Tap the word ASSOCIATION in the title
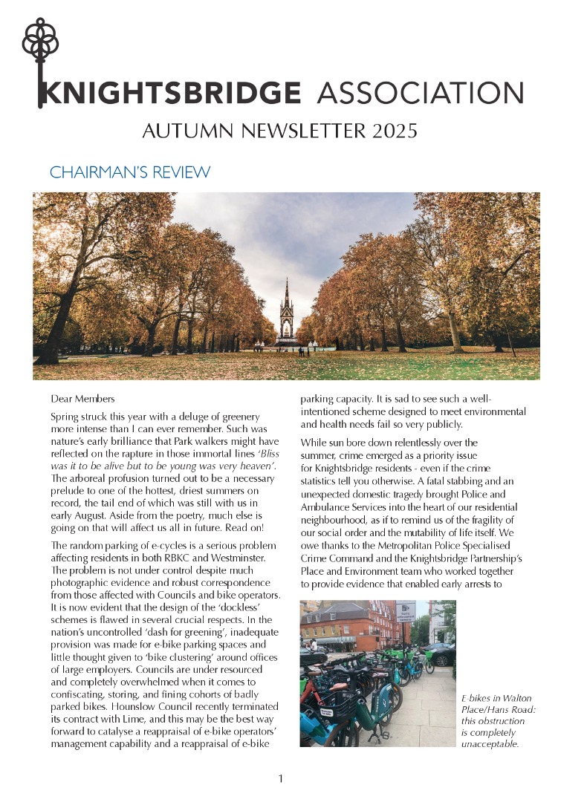(x=420, y=94)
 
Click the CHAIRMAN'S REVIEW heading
(x=130, y=172)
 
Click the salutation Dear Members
(x=82, y=399)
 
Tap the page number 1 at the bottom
(x=280, y=779)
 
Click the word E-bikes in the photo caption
(x=477, y=698)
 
